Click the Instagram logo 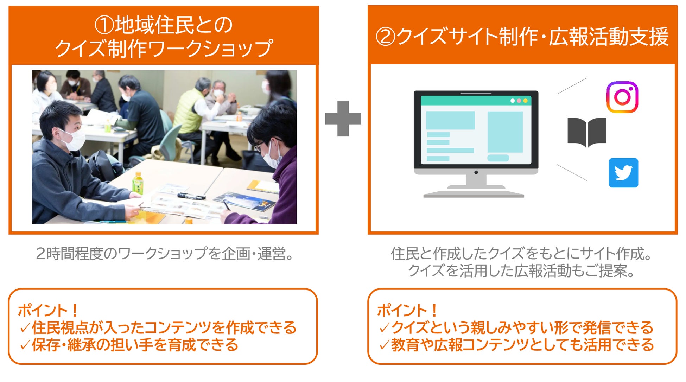click(622, 97)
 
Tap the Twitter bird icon click(623, 173)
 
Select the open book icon click(587, 132)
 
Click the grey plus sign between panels click(343, 119)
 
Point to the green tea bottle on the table click(138, 183)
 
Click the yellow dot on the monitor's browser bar click(525, 101)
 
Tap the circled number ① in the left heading click(104, 25)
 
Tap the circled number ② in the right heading click(386, 37)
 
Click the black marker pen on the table click(191, 196)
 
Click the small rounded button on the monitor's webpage click(498, 158)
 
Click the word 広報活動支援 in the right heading click(609, 37)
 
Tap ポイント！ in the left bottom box click(48, 310)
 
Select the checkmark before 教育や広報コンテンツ click(384, 345)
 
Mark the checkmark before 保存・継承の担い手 click(25, 345)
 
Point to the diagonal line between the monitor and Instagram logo click(572, 86)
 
